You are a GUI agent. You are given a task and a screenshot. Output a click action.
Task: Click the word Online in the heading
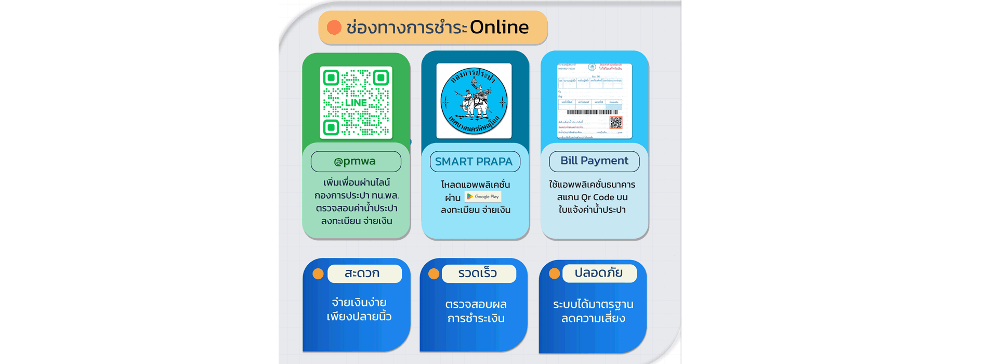499,27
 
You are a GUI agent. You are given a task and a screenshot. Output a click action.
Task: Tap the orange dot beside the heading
334,28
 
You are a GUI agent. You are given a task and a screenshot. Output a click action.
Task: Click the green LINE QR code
356,102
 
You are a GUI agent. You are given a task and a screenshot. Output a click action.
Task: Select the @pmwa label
356,161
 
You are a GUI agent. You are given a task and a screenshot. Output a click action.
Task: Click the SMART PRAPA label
474,162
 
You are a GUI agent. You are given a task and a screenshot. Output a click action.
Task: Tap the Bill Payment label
594,161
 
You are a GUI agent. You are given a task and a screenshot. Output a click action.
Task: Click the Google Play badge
483,197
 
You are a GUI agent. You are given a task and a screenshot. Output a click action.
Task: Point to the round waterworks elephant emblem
474,101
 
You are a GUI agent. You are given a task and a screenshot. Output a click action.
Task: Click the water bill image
594,101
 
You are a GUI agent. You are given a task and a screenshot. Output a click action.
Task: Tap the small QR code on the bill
615,123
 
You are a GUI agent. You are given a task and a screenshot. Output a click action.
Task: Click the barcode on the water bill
592,112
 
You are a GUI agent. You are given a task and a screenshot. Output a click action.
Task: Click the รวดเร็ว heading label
478,274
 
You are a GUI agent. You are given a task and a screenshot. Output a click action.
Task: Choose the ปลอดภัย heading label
599,273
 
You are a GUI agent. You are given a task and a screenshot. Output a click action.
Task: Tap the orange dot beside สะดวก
318,274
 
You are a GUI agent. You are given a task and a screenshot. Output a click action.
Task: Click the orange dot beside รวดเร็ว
434,274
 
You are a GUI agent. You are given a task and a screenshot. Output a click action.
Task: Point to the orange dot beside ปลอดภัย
554,274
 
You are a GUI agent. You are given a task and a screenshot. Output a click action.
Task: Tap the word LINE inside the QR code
356,102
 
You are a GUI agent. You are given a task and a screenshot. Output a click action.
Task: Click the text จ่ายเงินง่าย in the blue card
359,303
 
